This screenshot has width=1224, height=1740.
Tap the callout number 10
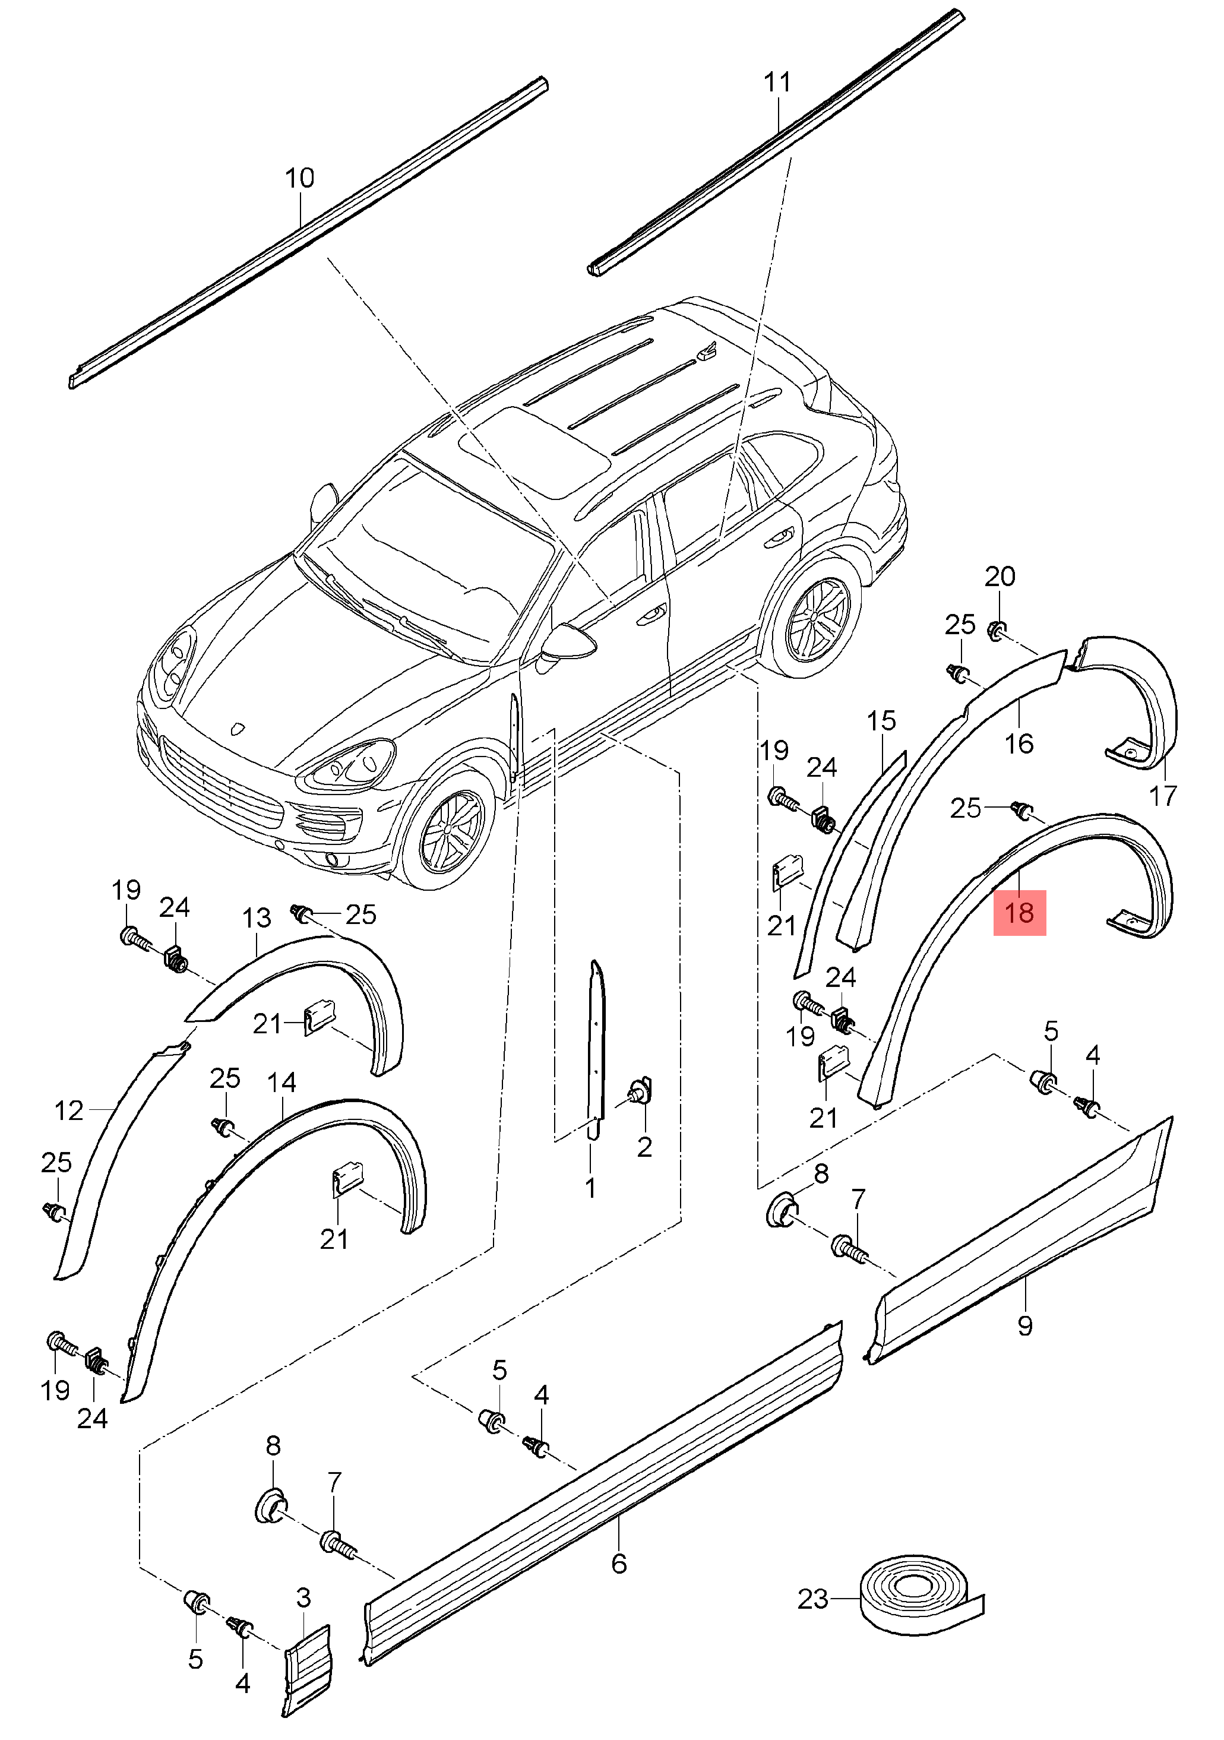click(299, 179)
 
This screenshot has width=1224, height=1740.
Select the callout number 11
click(777, 82)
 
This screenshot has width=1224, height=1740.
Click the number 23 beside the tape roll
click(812, 1599)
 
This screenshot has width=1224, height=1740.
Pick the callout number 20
click(1000, 577)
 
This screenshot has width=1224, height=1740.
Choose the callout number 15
click(881, 721)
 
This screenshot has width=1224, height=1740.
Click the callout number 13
click(256, 919)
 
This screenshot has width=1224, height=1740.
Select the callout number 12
click(69, 1111)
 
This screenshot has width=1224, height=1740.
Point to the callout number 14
click(281, 1082)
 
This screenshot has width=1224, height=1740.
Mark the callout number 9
click(1024, 1325)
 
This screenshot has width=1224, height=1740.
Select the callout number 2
click(644, 1147)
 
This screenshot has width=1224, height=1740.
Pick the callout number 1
click(590, 1188)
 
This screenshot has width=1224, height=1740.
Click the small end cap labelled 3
click(308, 1672)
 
